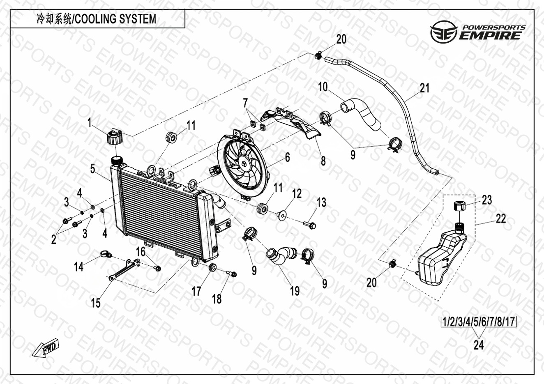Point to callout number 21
click(x=424, y=88)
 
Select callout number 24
click(x=478, y=345)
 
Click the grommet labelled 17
click(x=213, y=268)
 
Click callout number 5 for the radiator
click(x=93, y=168)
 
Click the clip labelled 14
click(x=105, y=253)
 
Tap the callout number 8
click(x=323, y=161)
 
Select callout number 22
click(x=500, y=218)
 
